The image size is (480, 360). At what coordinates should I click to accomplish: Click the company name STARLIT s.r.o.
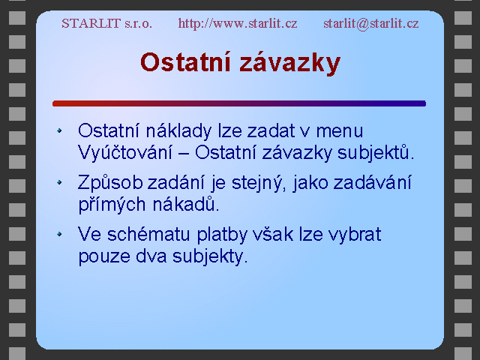click(x=106, y=23)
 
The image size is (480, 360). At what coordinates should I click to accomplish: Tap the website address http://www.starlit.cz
click(x=238, y=23)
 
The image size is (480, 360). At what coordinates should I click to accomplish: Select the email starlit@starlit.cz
click(x=371, y=23)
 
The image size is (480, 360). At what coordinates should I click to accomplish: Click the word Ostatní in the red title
click(x=185, y=62)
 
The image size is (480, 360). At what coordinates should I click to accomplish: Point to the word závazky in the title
click(x=290, y=63)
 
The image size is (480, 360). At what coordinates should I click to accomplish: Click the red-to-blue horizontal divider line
click(x=239, y=103)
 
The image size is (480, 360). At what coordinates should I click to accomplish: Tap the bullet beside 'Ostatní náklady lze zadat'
click(x=59, y=130)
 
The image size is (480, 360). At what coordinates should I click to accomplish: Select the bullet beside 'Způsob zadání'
click(x=59, y=183)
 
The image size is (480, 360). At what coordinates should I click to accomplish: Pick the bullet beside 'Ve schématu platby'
click(x=59, y=235)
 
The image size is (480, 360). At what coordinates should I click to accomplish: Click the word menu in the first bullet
click(x=340, y=131)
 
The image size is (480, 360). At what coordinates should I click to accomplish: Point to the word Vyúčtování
click(x=125, y=152)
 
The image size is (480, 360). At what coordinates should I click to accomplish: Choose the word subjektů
click(x=376, y=152)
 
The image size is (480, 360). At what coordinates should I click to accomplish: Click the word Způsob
click(x=110, y=183)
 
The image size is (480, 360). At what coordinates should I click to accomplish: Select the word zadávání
click(x=372, y=183)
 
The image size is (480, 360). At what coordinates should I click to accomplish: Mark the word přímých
click(x=112, y=205)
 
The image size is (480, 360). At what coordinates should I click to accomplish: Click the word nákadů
click(x=186, y=204)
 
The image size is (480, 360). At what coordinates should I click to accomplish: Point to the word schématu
click(x=148, y=235)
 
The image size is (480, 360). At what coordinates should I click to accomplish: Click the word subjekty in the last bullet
click(x=210, y=256)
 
